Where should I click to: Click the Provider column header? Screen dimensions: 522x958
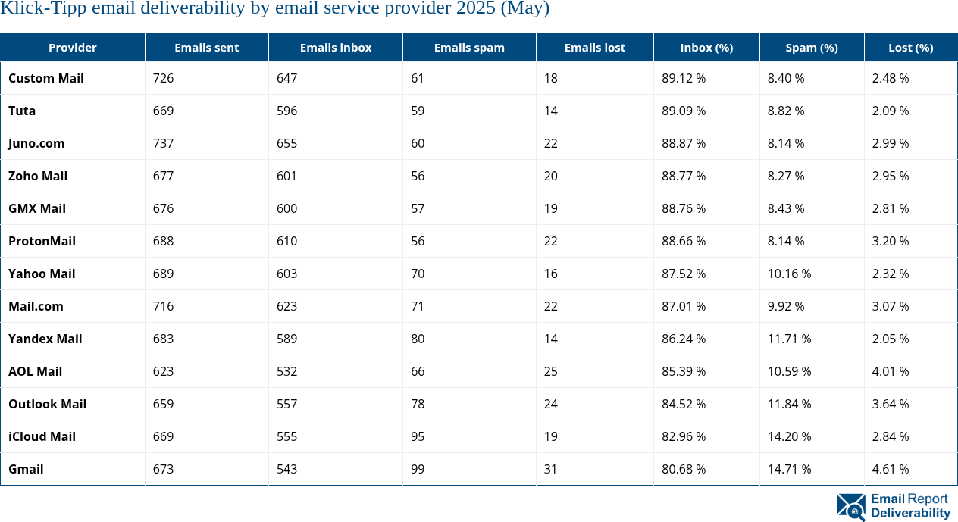(73, 47)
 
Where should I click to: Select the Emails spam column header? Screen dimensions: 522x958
(469, 47)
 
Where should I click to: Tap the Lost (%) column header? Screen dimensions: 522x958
(910, 47)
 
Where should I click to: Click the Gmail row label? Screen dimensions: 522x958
(26, 469)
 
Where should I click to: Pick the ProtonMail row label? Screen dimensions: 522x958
(42, 241)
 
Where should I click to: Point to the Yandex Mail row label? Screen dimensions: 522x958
(45, 339)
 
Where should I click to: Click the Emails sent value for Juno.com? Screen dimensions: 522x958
(163, 143)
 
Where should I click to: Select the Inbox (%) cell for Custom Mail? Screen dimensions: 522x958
(684, 78)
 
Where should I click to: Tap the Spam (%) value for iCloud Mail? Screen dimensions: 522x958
(789, 436)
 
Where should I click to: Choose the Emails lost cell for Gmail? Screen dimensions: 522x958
(550, 469)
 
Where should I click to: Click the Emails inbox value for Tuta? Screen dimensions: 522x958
(286, 111)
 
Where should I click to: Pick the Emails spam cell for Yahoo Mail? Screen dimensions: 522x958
(418, 274)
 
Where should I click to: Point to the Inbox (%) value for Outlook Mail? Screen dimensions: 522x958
(684, 404)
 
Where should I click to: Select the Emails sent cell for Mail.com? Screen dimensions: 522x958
(163, 306)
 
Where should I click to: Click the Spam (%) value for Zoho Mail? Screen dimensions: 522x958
(786, 176)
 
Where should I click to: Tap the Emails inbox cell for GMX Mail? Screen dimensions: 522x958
(286, 208)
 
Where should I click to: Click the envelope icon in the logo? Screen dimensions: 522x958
(851, 506)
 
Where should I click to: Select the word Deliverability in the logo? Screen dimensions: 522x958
(910, 513)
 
